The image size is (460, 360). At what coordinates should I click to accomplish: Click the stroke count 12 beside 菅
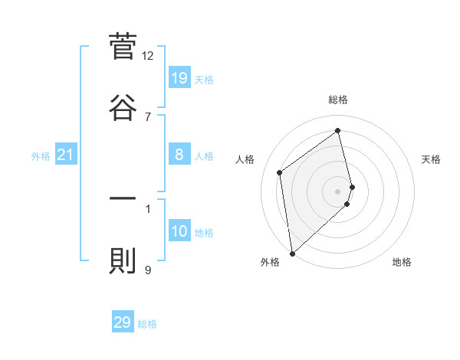click(148, 55)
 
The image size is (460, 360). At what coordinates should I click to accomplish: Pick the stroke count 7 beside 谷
click(148, 116)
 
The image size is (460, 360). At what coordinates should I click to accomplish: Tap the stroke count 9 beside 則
click(148, 270)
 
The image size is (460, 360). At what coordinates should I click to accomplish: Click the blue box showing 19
click(179, 77)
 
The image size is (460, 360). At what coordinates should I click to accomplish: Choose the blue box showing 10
click(179, 232)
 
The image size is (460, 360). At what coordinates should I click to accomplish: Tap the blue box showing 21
click(66, 155)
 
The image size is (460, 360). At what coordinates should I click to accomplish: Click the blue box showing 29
click(123, 322)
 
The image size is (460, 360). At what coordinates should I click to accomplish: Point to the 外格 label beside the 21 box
click(41, 156)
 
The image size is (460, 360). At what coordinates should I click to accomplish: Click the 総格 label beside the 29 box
click(147, 324)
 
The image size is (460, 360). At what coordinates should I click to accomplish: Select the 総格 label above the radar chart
click(338, 100)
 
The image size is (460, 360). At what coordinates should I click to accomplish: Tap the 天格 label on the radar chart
click(432, 159)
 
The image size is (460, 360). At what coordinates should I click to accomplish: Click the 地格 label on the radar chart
click(402, 262)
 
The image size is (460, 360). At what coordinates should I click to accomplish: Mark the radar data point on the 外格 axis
click(292, 253)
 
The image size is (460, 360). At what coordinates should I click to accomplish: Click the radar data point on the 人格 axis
click(280, 172)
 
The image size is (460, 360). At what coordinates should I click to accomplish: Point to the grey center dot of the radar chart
click(338, 191)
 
